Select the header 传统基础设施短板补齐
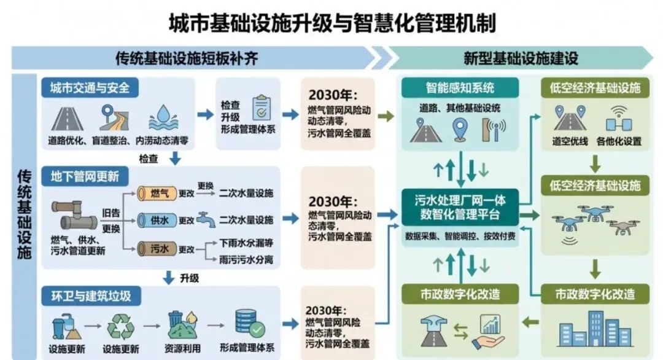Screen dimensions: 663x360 (x=187, y=58)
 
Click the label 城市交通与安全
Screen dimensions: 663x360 (x=90, y=87)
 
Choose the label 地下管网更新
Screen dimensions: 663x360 (x=85, y=177)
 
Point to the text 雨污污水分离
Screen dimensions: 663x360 (x=246, y=260)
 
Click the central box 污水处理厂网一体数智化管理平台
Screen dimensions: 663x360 (x=460, y=207)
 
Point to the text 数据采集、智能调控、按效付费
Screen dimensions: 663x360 (x=460, y=235)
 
